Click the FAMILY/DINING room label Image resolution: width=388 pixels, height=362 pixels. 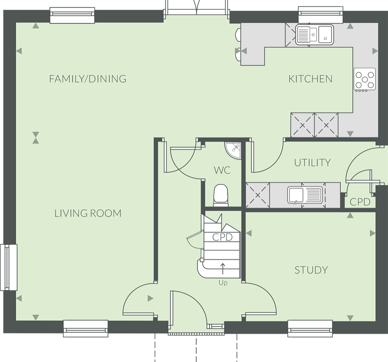(x=88, y=79)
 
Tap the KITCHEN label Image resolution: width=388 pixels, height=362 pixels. (x=310, y=79)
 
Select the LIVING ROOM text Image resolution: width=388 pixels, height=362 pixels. (x=88, y=213)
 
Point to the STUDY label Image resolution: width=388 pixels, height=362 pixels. (x=311, y=270)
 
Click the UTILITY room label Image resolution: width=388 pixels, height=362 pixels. (x=312, y=163)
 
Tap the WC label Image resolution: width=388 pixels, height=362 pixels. (x=222, y=170)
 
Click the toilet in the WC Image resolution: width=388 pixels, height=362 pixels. (x=221, y=195)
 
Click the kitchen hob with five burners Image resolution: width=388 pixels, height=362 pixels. (x=365, y=80)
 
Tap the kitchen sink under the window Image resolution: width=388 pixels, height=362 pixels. (x=315, y=35)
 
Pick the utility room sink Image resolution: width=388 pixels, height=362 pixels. (x=305, y=195)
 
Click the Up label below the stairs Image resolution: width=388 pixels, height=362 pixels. (x=223, y=282)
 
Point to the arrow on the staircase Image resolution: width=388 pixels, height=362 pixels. (x=223, y=269)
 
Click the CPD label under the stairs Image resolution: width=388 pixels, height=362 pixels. (x=222, y=237)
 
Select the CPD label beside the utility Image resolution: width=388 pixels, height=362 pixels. (x=360, y=202)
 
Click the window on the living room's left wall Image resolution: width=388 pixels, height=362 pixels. (x=9, y=267)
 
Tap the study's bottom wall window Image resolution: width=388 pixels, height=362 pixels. (x=310, y=328)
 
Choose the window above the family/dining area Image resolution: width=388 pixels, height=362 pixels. (x=72, y=16)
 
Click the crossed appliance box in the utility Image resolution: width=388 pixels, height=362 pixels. (x=258, y=195)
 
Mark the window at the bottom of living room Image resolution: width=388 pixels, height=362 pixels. (x=86, y=328)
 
